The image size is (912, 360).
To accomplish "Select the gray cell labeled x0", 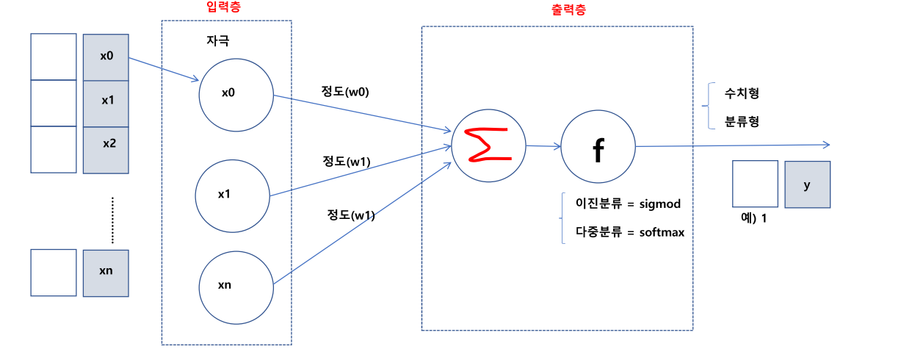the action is pyautogui.click(x=106, y=56).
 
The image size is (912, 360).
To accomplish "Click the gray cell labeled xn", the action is pyautogui.click(x=106, y=273).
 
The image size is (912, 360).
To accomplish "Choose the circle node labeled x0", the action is pyautogui.click(x=236, y=95).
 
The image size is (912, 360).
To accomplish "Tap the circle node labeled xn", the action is pyautogui.click(x=236, y=287).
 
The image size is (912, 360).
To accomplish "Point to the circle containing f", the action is pyautogui.click(x=598, y=147).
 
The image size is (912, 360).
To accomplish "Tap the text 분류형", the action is pyautogui.click(x=742, y=121).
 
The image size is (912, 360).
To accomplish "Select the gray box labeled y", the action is pyautogui.click(x=807, y=184).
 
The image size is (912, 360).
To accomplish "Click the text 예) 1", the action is pyautogui.click(x=756, y=218).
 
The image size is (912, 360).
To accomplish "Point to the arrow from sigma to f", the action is pyautogui.click(x=543, y=145).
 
